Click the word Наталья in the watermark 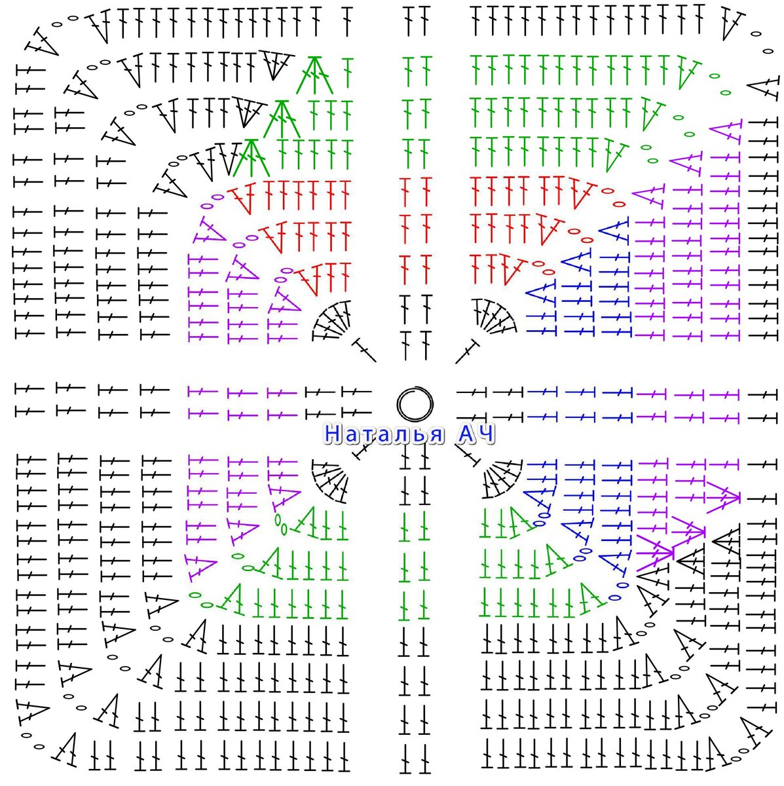(x=384, y=434)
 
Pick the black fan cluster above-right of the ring (x=495, y=320)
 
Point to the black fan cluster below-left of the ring (x=329, y=481)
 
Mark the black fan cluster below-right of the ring (x=502, y=479)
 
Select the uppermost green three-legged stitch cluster (x=314, y=75)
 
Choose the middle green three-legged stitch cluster (x=282, y=119)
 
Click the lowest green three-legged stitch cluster (x=252, y=158)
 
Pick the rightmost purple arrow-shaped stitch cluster (x=723, y=498)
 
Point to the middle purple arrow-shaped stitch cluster (x=689, y=531)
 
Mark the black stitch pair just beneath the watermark (x=415, y=457)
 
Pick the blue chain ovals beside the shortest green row (x=541, y=519)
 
